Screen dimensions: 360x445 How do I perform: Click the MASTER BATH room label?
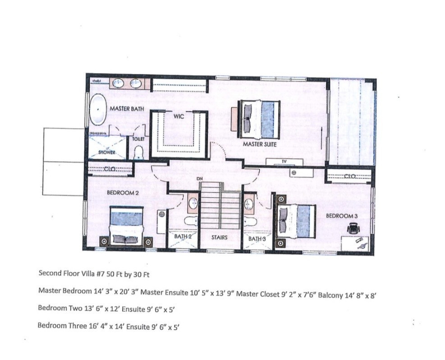pos(127,109)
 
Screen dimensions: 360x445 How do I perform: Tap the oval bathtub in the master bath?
pos(97,110)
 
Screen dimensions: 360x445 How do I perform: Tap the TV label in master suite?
pos(284,161)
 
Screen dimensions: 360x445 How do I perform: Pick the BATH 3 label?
pos(257,238)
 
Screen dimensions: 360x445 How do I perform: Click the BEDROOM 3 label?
pos(342,216)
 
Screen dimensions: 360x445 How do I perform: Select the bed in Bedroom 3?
pos(295,220)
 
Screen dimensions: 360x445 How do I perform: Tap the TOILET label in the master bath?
pos(138,139)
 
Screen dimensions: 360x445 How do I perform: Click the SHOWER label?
pos(107,152)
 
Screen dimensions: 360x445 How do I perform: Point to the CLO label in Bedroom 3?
pos(350,177)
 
